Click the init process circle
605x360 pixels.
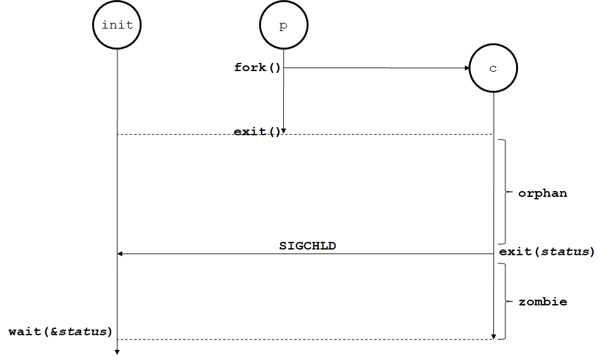117,25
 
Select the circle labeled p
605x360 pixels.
283,25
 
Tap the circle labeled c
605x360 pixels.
493,68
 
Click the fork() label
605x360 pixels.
257,67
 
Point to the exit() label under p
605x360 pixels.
256,132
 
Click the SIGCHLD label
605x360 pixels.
307,245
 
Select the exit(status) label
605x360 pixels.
547,251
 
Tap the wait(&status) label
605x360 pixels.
60,331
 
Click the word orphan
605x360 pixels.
542,193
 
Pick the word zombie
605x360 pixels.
542,302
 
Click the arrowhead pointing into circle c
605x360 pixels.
465,68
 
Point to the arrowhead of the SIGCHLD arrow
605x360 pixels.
121,254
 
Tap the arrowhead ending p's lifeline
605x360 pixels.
283,131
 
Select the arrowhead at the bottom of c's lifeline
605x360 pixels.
493,336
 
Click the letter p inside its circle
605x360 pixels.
283,26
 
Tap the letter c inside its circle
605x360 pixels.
493,69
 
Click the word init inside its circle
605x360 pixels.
117,25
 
